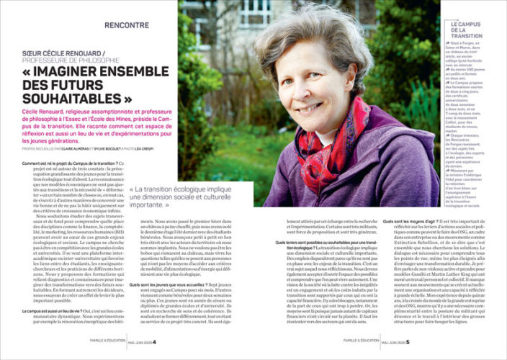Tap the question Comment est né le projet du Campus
coord(72,164)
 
